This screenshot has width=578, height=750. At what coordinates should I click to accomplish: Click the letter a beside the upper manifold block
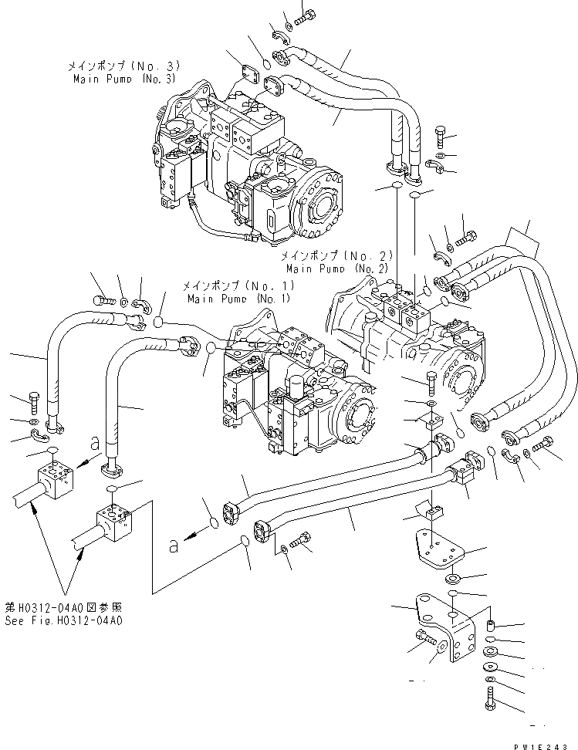[94, 443]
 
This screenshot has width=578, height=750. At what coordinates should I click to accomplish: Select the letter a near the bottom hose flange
[175, 545]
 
